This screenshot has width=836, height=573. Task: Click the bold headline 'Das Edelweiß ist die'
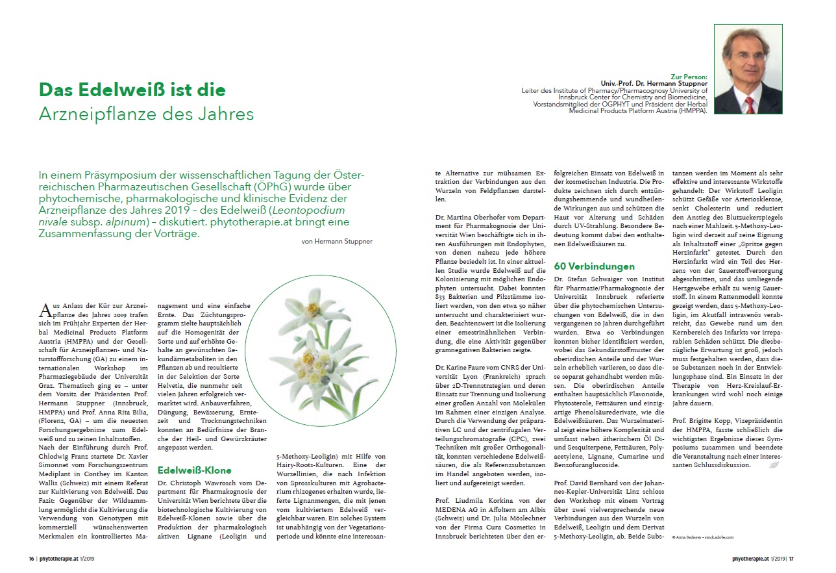[x=132, y=89]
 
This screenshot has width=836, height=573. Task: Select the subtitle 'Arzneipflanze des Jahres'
[x=146, y=114]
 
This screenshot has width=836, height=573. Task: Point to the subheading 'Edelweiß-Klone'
[x=195, y=470]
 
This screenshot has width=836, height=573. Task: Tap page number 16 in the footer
[x=31, y=559]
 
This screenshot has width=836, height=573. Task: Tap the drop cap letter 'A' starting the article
[x=45, y=309]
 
